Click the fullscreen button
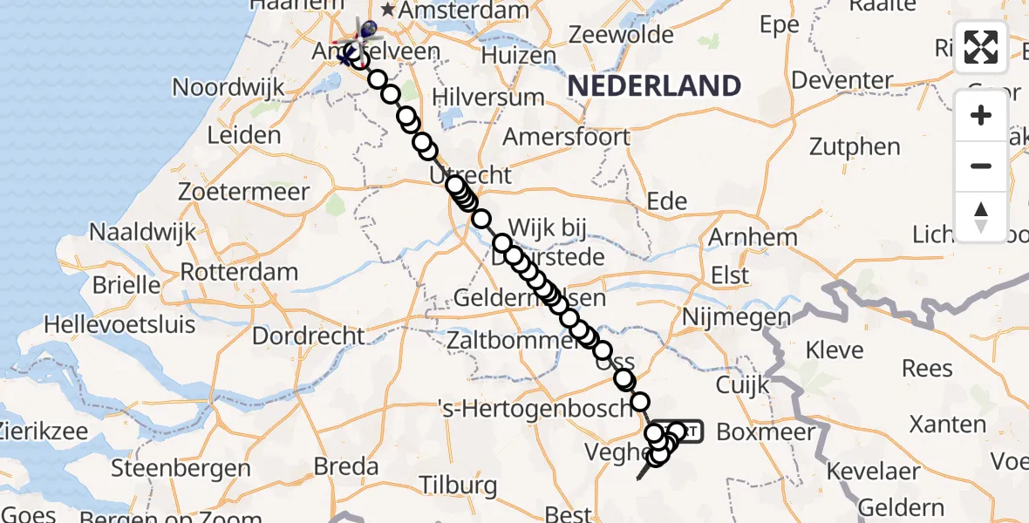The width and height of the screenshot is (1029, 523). [x=981, y=48]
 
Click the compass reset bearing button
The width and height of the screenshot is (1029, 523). [x=981, y=216]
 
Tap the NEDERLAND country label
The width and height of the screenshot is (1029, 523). [x=654, y=85]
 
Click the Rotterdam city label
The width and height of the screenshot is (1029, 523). [x=240, y=271]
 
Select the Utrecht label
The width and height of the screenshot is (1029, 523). [x=471, y=175]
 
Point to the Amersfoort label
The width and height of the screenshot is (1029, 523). [x=566, y=137]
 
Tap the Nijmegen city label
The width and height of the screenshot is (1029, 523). [x=737, y=318]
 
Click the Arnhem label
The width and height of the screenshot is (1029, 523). [x=753, y=237]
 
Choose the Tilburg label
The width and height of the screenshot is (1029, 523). [x=458, y=485]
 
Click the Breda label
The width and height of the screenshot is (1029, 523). [x=345, y=466]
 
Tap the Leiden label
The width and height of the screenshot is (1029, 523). [x=244, y=135]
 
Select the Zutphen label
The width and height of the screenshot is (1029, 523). [x=855, y=146]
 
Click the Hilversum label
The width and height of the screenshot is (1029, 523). [x=489, y=97]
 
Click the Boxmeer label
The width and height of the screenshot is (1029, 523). [x=765, y=431]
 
